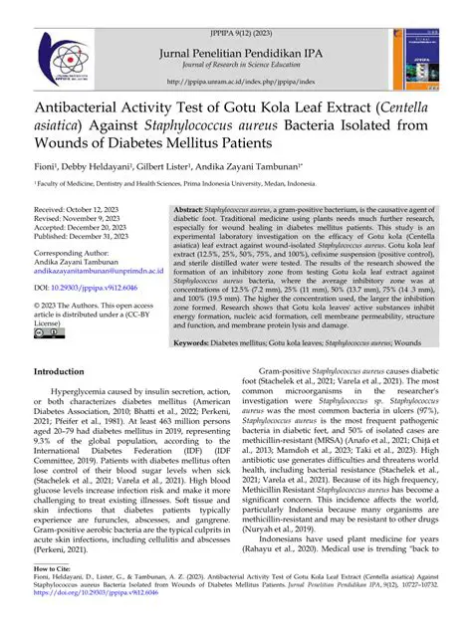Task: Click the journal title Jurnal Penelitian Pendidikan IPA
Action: coord(235,34)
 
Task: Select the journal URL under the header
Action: coord(236,82)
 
